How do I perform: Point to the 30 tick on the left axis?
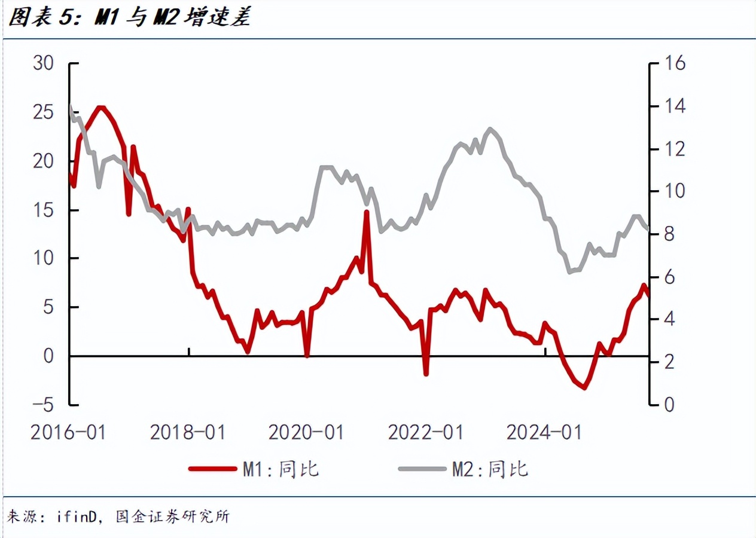(44, 63)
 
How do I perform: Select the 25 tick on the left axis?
(44, 112)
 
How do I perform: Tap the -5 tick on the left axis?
(41, 405)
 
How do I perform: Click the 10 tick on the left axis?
(44, 258)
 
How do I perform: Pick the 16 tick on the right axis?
(674, 63)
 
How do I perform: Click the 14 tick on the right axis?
(674, 106)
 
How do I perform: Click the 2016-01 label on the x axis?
(68, 432)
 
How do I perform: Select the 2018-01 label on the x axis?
(187, 432)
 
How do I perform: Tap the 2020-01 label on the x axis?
(306, 432)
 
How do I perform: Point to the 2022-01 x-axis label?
(425, 432)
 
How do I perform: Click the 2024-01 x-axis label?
(544, 432)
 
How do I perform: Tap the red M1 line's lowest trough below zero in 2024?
(584, 388)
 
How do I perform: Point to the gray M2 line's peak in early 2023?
(491, 129)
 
